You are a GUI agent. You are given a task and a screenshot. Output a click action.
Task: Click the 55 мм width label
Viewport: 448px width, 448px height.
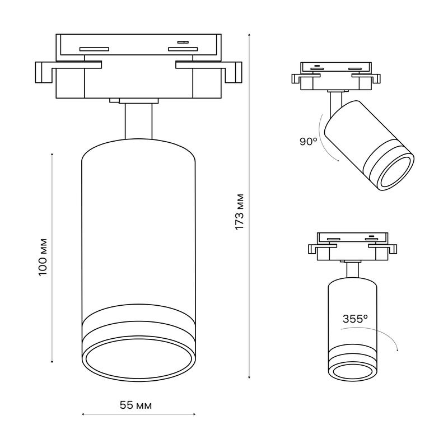(x=136, y=405)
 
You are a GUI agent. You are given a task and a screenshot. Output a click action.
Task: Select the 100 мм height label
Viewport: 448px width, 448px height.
(x=43, y=257)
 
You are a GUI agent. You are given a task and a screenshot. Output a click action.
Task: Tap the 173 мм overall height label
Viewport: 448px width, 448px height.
(x=239, y=212)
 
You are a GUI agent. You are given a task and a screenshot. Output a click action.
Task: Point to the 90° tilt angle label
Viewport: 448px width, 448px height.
(x=309, y=141)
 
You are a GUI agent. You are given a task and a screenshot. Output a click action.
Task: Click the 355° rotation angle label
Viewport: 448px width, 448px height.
(x=355, y=319)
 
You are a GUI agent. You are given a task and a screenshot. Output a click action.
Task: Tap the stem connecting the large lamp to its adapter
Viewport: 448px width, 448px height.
(x=138, y=122)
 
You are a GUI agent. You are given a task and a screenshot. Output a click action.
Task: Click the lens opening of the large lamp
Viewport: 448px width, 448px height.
(x=138, y=358)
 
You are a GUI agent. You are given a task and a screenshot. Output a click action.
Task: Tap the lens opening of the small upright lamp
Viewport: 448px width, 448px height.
(x=352, y=371)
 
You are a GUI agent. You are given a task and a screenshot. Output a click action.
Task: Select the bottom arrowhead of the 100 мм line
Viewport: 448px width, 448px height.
(x=52, y=362)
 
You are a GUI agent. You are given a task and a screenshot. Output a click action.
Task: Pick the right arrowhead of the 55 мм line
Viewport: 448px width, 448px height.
(x=194, y=414)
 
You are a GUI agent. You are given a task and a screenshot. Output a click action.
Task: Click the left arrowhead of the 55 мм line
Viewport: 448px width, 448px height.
(x=83, y=414)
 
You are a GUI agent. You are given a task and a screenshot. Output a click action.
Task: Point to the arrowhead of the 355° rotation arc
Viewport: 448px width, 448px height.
(x=398, y=349)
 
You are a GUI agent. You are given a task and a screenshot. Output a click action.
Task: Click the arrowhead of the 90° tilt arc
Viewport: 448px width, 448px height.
(x=338, y=161)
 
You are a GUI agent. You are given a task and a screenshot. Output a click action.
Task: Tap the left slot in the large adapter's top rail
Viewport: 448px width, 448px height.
(x=94, y=49)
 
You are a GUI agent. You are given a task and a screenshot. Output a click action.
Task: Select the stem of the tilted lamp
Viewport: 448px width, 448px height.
(x=335, y=104)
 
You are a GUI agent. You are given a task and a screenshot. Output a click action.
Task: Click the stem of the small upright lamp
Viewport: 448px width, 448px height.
(x=352, y=270)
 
